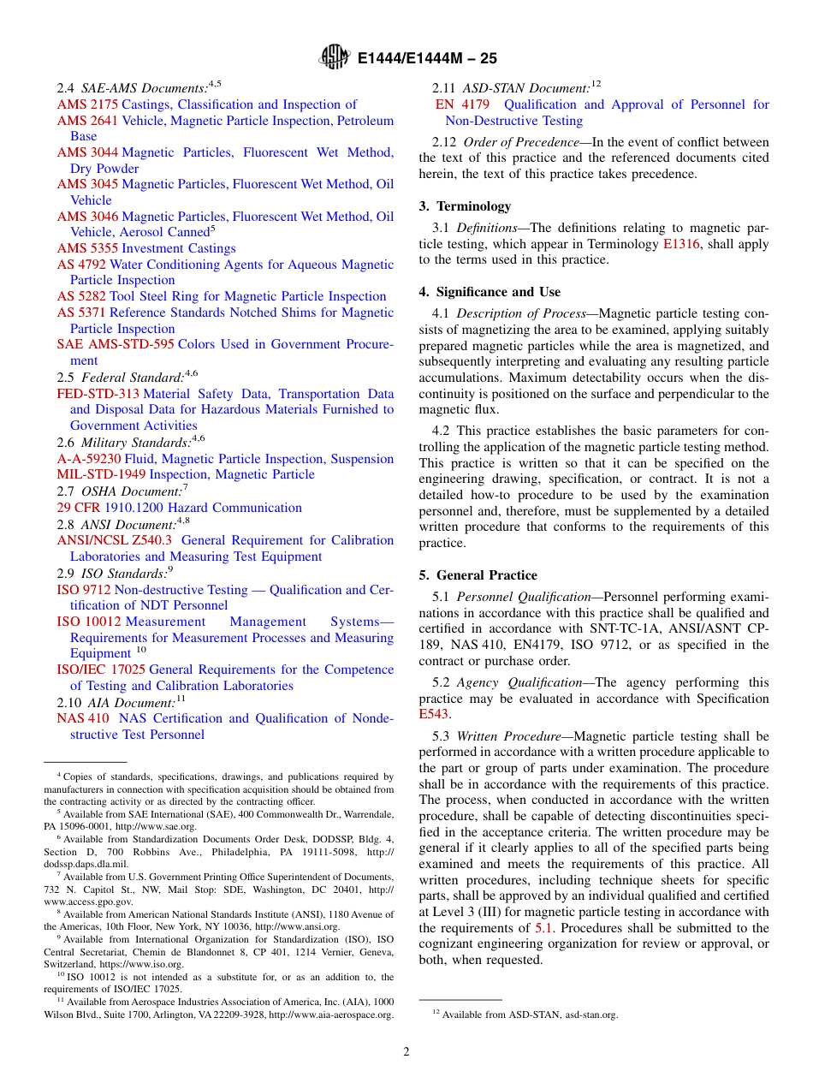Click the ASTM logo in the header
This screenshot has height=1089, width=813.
tap(334, 57)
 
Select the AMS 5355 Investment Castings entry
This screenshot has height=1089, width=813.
tap(146, 248)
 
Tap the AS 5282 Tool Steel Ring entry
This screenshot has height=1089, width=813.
tap(222, 296)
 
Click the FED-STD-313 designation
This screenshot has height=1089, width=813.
tap(98, 394)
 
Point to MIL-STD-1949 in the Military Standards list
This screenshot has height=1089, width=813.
tap(101, 474)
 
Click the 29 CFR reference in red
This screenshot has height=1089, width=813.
tap(79, 508)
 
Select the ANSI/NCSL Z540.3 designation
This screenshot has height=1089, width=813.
tap(114, 540)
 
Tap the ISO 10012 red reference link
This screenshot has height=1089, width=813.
tap(89, 622)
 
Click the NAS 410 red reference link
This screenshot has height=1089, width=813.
tap(83, 718)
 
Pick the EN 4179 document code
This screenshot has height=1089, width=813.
tap(462, 104)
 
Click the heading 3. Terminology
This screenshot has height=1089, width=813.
tap(465, 206)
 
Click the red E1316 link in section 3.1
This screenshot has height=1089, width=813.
tap(681, 244)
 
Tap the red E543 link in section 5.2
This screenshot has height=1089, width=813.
tap(433, 714)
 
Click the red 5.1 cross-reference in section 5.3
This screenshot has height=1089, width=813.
tap(544, 928)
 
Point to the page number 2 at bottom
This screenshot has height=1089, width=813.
tap(406, 1052)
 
